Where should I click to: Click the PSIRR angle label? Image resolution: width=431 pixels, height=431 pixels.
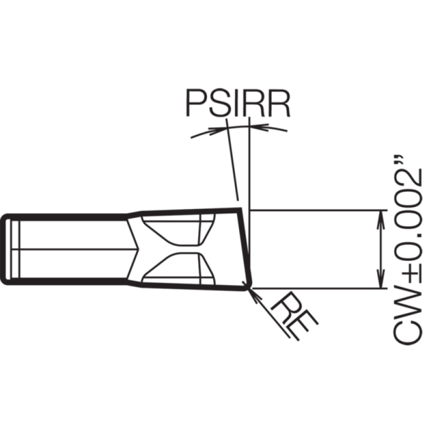(238, 103)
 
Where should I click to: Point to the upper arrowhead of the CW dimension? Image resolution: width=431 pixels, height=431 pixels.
(381, 219)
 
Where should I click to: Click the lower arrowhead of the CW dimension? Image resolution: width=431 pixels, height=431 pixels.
(381, 279)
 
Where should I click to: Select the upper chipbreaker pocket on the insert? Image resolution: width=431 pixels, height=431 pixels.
(179, 230)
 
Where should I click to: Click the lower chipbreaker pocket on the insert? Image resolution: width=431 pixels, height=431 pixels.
(179, 269)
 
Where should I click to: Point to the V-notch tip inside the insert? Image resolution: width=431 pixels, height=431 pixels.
(138, 249)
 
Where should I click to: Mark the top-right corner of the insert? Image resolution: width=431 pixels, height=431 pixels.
(240, 209)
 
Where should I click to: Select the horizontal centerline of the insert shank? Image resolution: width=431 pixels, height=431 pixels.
(75, 249)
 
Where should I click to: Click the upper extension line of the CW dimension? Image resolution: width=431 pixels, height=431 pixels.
(318, 210)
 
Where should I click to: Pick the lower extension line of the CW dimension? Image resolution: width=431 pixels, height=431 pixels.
(319, 288)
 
